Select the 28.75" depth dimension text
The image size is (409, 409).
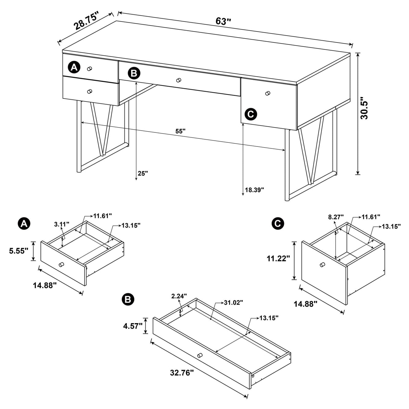86,21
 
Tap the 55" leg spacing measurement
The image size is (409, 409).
180,131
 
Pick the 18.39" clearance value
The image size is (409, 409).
254,190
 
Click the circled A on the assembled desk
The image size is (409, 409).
74,67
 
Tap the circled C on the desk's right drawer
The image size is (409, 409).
251,114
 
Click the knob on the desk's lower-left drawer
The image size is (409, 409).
89,92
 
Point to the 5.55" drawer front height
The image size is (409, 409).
19,251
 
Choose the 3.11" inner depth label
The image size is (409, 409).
62,224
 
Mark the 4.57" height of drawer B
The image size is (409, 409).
133,326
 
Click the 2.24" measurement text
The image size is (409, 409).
179,296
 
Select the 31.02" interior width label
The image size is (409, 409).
233,303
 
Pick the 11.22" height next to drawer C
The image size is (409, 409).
278,258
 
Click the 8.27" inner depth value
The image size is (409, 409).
336,217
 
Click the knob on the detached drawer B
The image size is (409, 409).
200,355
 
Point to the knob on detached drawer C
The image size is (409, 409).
322,264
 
